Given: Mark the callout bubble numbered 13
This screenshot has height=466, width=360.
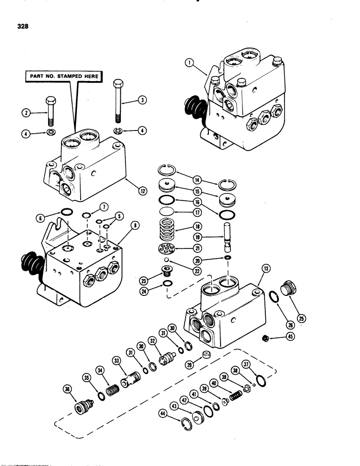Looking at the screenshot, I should (267, 268).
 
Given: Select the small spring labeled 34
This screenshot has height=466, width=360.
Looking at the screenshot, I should (113, 388).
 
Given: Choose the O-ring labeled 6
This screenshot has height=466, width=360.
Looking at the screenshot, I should (67, 213).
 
